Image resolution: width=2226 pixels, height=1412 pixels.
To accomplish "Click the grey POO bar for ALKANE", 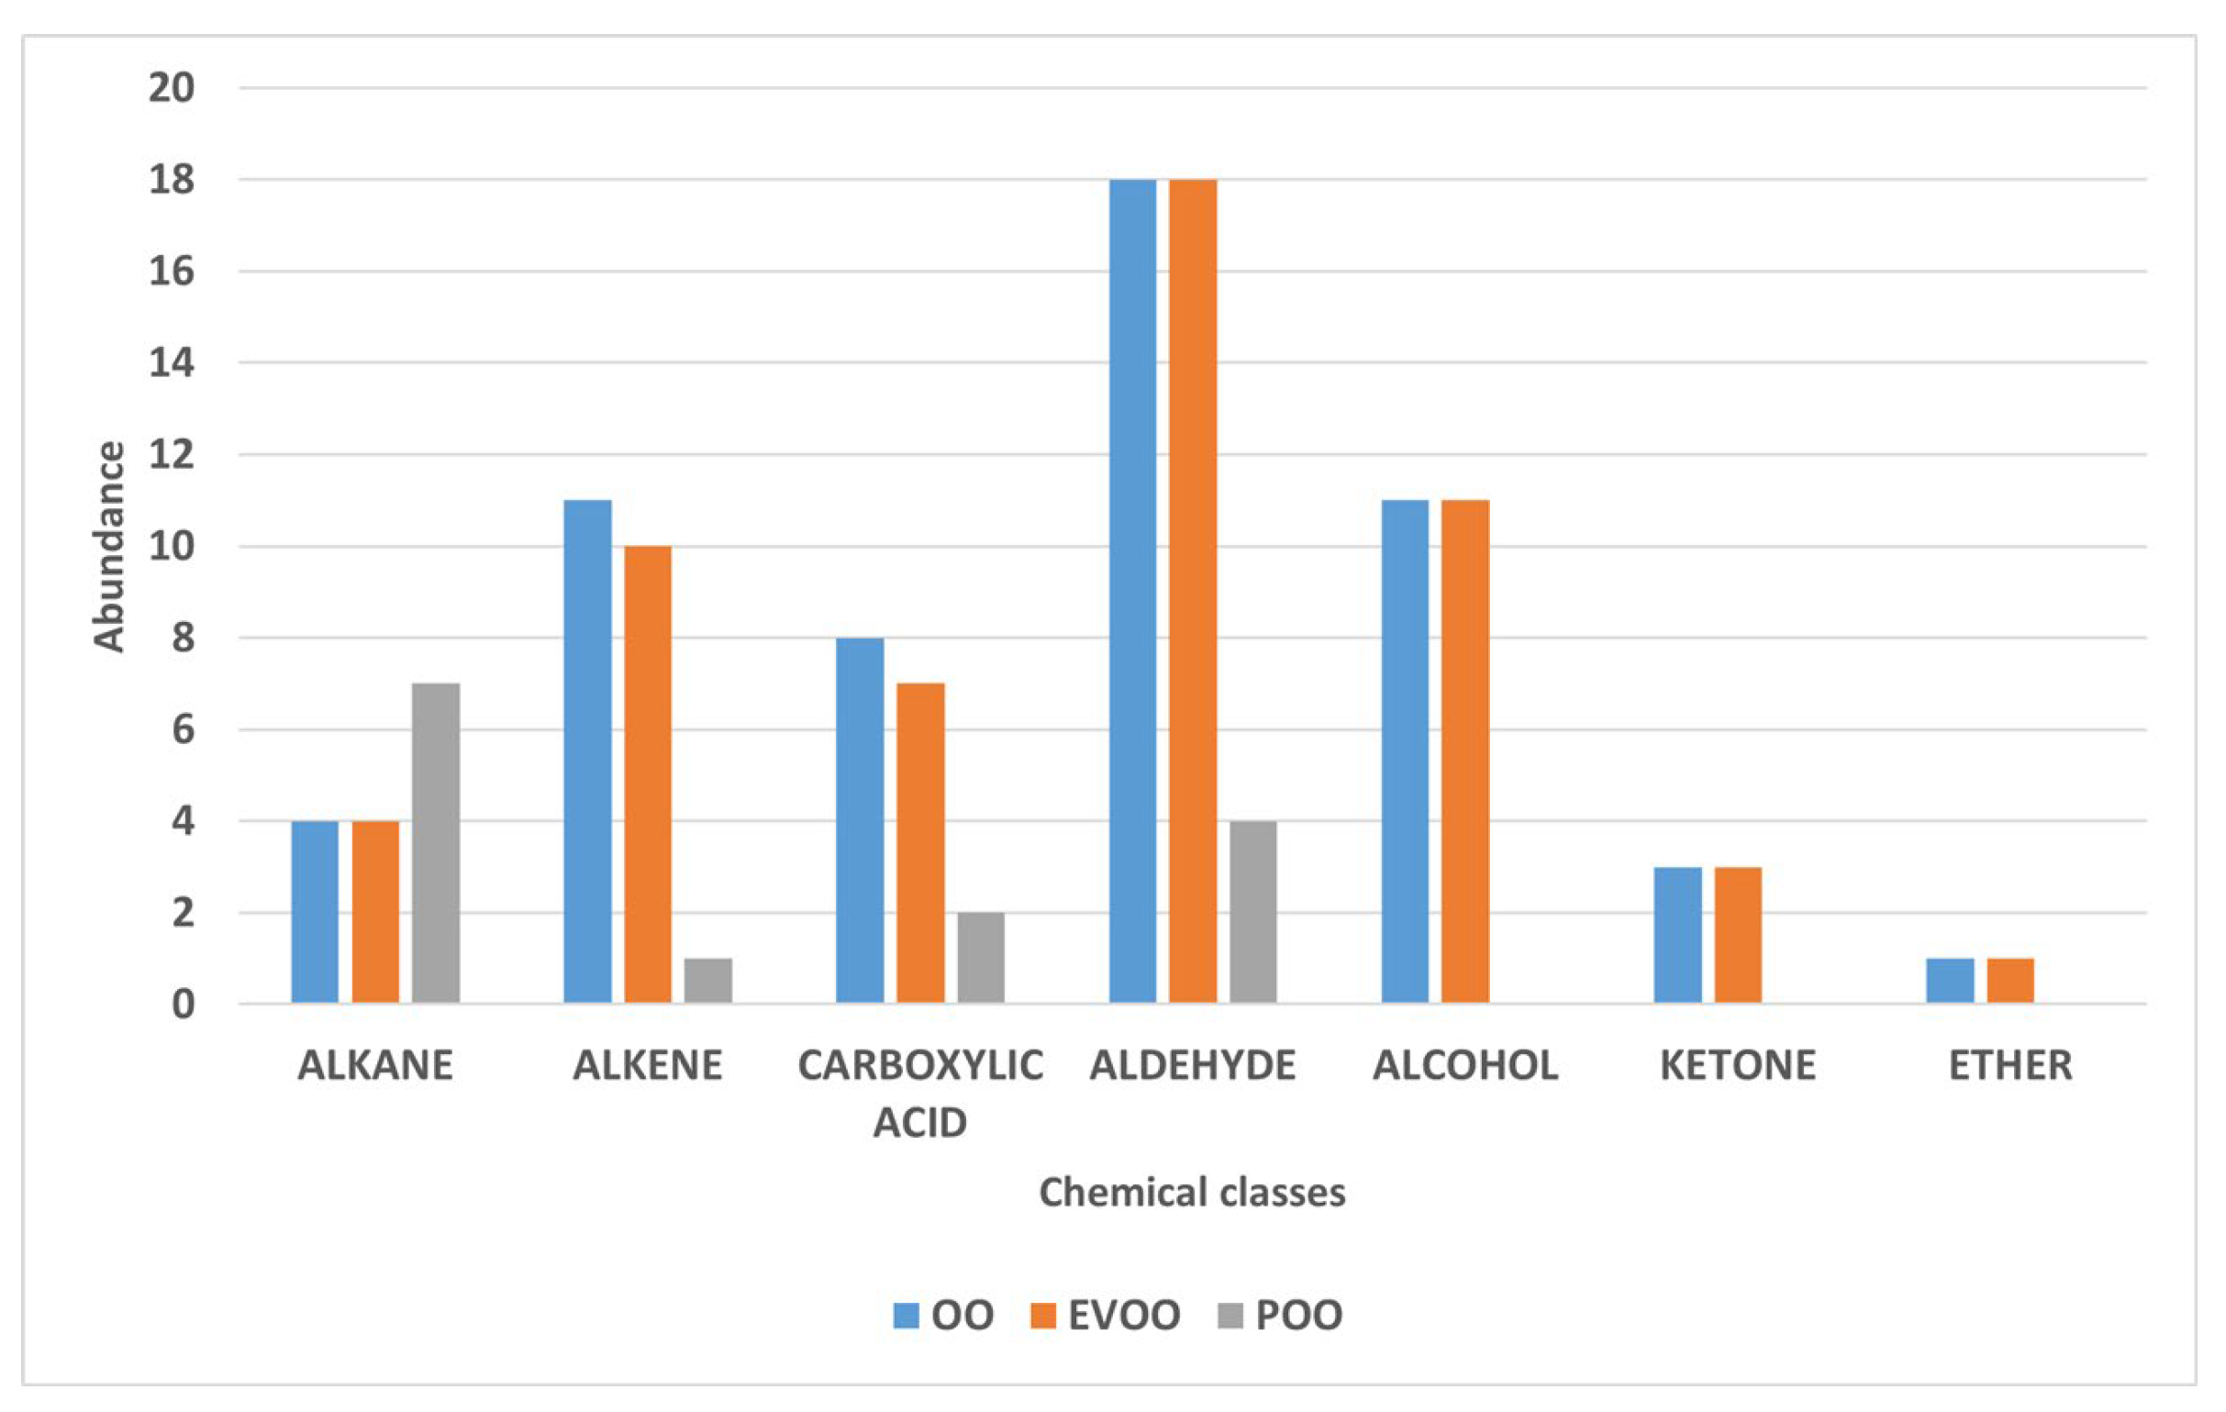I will tap(436, 843).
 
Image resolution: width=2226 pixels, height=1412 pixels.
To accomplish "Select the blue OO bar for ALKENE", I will tap(587, 751).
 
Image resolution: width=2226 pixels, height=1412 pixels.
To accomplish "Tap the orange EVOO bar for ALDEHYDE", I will tap(1193, 592).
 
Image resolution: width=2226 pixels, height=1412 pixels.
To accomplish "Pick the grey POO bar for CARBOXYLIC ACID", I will tap(980, 957).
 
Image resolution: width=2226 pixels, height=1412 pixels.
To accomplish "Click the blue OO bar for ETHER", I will tap(1950, 981).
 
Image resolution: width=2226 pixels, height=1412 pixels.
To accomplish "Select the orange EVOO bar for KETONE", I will tap(1738, 934).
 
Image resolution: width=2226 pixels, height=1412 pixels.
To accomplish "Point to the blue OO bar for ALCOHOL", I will tap(1405, 751).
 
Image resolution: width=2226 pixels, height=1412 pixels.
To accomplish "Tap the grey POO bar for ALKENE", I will tap(708, 981).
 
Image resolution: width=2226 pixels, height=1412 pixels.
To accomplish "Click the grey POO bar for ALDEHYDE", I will tap(1252, 912).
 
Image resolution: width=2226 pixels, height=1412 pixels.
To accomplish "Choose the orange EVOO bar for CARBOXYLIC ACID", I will tap(919, 843).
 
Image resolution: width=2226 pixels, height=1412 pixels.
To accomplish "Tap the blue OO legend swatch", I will tap(906, 1315).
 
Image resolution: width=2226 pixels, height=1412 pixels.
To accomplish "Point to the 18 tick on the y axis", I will tap(172, 179).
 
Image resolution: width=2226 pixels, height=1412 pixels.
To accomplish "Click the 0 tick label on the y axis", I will tap(183, 1005).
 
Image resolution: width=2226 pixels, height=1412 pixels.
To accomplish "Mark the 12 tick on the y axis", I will tap(172, 455).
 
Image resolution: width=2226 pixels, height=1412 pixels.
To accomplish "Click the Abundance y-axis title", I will tap(109, 547).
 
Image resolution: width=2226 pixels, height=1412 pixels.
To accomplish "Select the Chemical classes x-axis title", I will tap(1192, 1192).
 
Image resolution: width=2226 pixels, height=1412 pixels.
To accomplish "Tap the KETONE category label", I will tap(1738, 1065).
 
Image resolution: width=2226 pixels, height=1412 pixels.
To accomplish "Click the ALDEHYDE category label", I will tap(1193, 1065).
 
